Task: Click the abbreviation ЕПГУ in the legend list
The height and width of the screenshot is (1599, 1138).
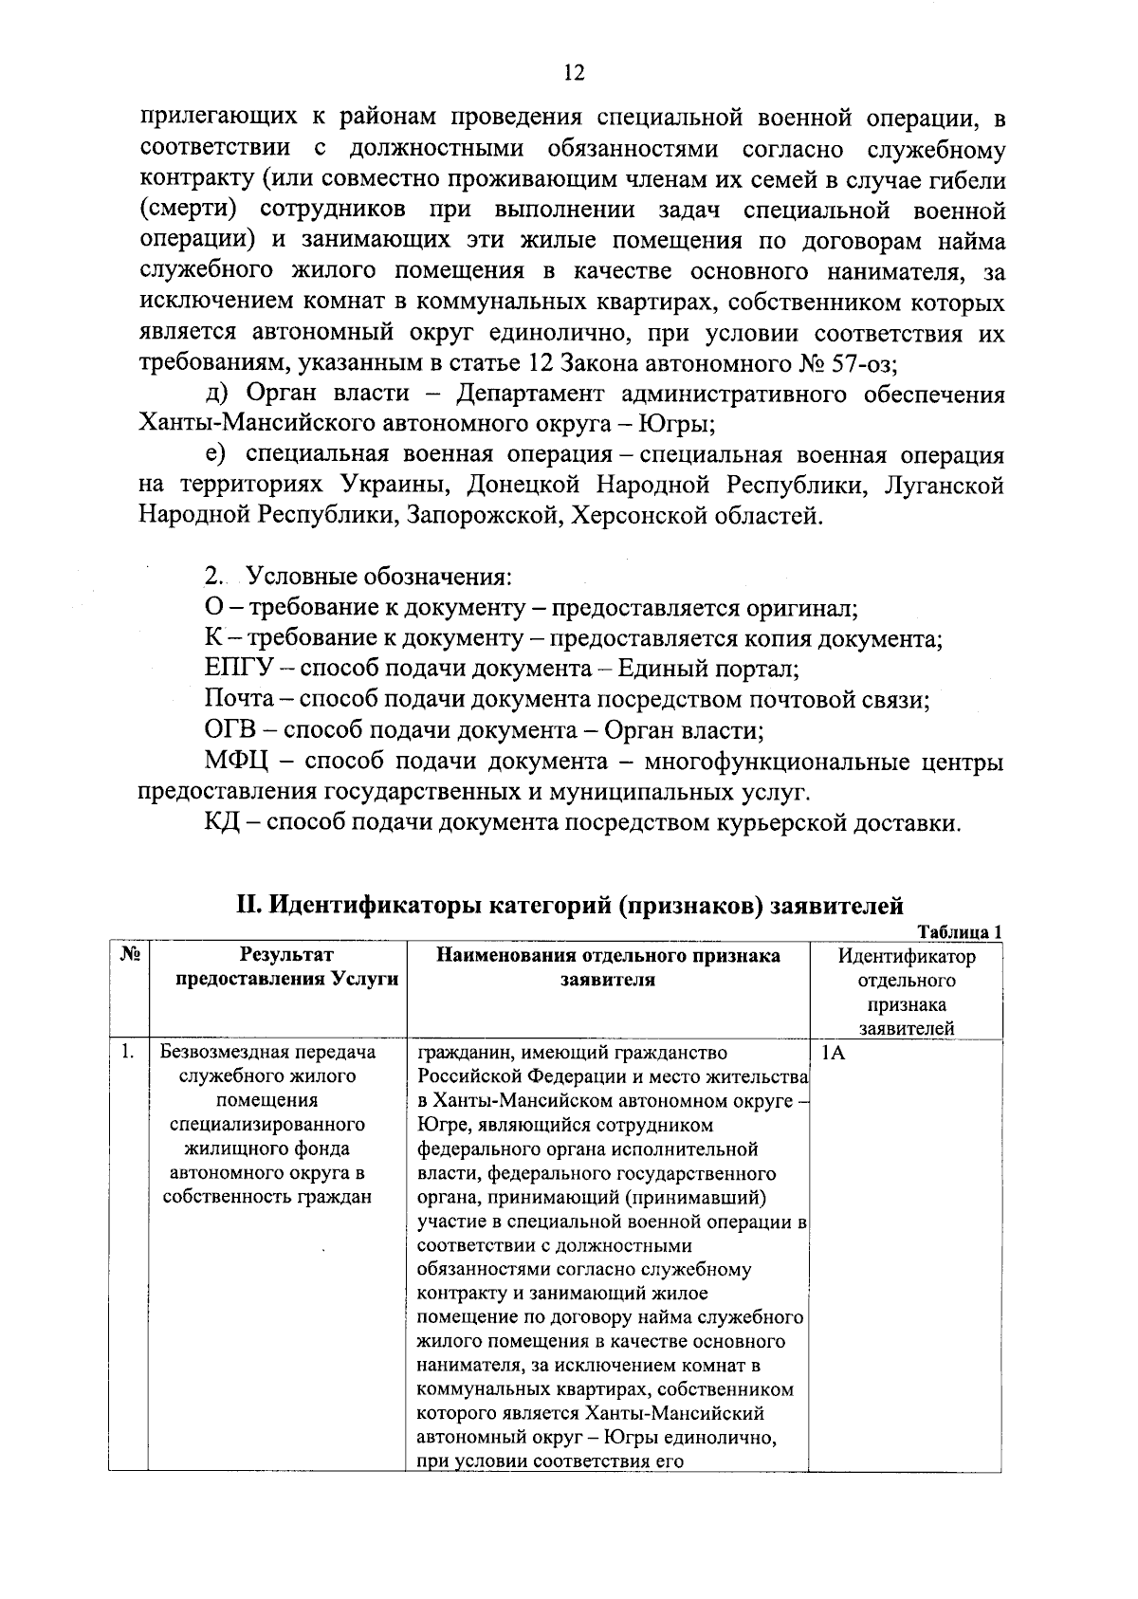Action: [237, 669]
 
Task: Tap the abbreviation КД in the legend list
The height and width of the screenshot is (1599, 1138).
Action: [224, 823]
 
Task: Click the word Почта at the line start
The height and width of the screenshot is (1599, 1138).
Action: [239, 700]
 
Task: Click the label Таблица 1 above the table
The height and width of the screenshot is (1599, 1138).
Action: [960, 932]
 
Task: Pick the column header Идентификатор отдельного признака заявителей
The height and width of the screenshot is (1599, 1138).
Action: [906, 991]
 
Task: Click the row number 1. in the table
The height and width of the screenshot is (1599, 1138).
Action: [126, 1052]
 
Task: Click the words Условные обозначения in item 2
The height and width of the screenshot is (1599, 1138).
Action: [379, 577]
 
